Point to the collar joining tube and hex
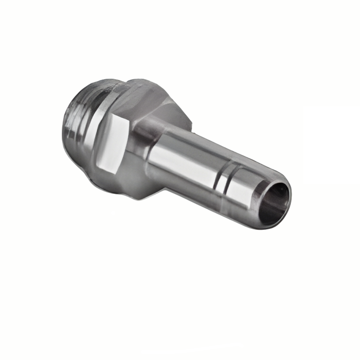147,149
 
